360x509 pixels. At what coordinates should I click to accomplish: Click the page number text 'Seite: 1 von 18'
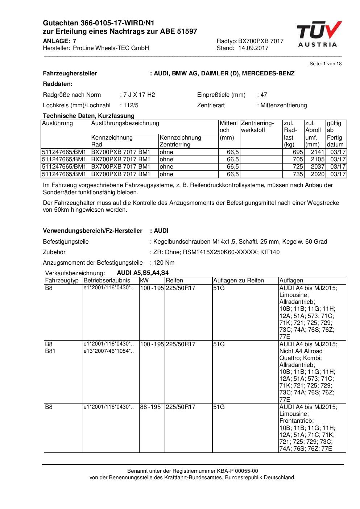(325, 64)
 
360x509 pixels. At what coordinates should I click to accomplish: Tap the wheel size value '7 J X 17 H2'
(139, 95)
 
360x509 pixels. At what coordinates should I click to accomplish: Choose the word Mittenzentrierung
(283, 105)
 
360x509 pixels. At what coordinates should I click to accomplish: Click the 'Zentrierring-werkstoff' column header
(257, 127)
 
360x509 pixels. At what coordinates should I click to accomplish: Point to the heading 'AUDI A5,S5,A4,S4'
(142, 273)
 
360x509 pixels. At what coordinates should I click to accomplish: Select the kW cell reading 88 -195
(150, 407)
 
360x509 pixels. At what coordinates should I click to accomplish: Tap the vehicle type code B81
(50, 351)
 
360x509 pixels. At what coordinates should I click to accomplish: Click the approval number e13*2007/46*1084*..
(108, 351)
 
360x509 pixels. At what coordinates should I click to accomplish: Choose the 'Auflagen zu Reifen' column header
(238, 281)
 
